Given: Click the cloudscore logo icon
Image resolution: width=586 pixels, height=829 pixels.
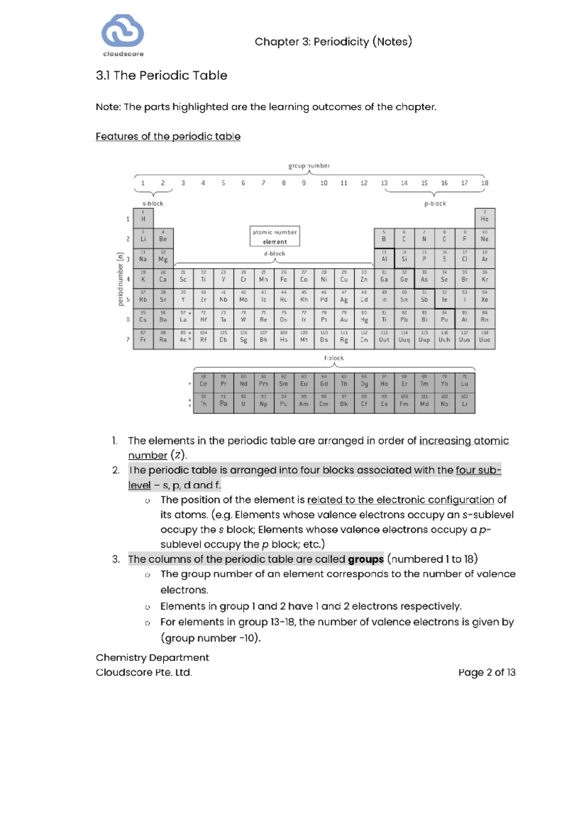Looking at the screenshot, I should point(123,31).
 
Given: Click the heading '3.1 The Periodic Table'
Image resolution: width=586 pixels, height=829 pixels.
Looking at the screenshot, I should point(161,75).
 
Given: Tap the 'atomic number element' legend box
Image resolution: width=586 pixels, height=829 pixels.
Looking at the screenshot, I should point(274,236).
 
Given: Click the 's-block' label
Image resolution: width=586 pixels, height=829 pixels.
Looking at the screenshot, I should point(152,203).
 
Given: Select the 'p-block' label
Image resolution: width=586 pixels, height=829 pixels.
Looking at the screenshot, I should point(435,203).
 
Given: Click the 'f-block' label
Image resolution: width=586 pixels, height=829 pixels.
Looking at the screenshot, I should point(334,358).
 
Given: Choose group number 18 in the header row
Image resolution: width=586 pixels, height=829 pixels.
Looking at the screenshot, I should point(484,183).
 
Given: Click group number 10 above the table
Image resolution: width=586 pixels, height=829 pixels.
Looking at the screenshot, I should point(324,183).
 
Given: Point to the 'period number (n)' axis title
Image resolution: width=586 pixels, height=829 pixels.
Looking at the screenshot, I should point(120,279).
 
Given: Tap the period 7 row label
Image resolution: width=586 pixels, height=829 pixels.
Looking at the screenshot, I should point(128,339).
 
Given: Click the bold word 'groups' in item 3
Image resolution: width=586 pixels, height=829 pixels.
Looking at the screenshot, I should point(365,559).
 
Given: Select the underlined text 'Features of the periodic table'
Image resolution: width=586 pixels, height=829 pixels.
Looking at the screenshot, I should point(168,136).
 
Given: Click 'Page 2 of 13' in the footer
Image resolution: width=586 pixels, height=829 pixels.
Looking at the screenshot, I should point(486,672).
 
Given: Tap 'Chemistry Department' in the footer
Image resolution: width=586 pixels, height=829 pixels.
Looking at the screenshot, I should point(152,658).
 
